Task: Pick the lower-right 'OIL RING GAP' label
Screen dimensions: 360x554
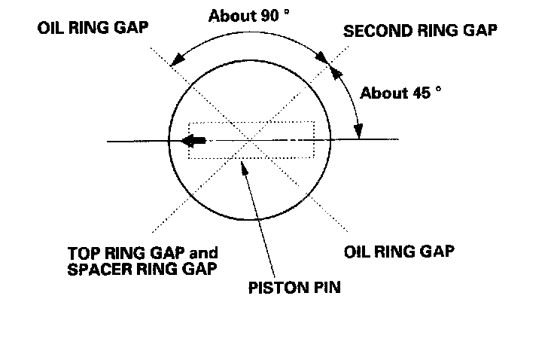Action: [399, 250]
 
